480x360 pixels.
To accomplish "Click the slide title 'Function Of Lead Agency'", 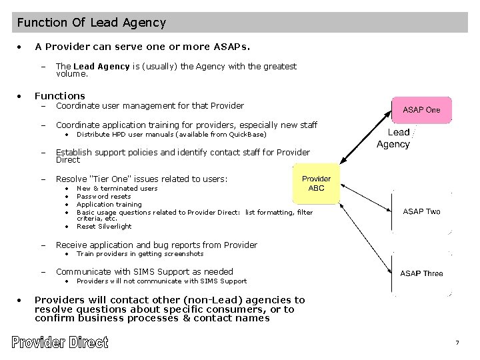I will pos(91,23).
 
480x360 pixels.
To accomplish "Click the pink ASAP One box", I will pos(421,110).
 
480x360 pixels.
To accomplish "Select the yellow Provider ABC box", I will pos(316,183).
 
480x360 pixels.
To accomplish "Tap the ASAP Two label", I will pos(421,211).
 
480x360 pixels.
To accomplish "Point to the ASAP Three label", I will pos(421,273).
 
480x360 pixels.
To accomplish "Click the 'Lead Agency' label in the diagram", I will pos(393,138).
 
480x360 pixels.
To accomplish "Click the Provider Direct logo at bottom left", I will pos(59,343).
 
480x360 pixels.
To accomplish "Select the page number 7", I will pos(457,343).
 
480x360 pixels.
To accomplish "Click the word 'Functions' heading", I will pos(60,95).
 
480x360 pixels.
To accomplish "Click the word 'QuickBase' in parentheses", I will pos(246,135).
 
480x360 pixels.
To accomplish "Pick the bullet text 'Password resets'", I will pos(104,197).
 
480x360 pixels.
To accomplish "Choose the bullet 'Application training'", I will pos(109,205).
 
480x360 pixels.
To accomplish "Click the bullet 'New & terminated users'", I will pos(117,189).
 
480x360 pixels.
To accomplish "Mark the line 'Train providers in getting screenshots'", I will pos(140,254).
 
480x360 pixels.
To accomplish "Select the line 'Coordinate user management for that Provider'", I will pos(150,105).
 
